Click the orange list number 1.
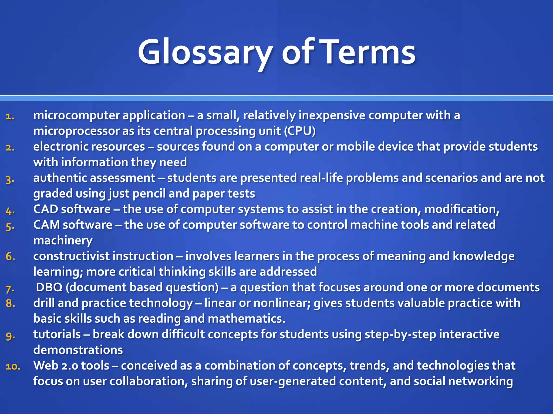10,116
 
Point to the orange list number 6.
10,257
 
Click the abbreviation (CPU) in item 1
299,131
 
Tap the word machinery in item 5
63,241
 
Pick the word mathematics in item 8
246,319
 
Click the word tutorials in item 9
57,334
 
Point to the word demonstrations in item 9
78,350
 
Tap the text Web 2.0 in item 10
56,366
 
